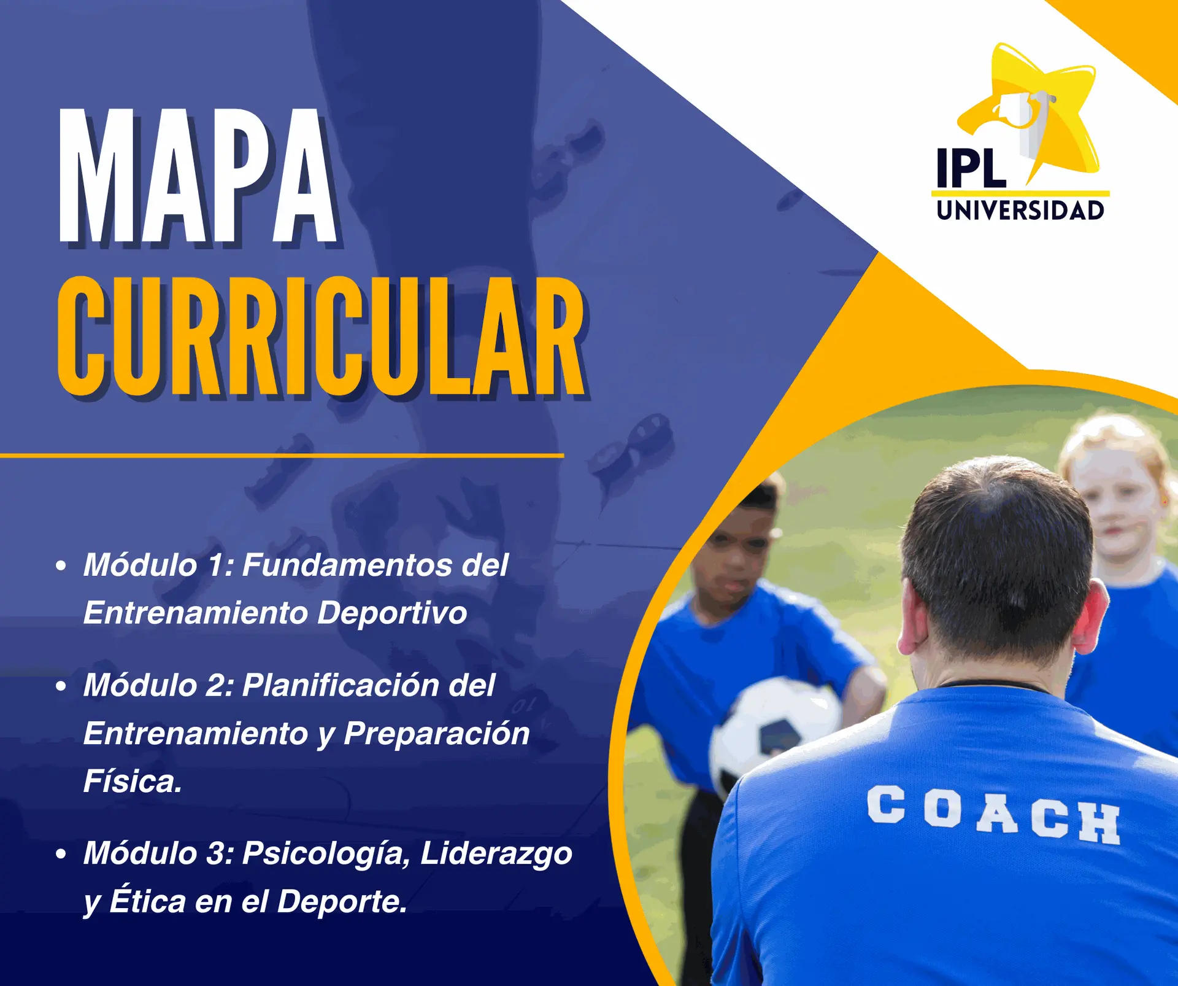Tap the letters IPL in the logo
(x=971, y=168)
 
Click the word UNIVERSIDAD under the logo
(x=1020, y=211)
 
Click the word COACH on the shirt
(x=993, y=815)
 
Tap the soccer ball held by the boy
(x=774, y=731)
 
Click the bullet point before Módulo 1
(x=61, y=565)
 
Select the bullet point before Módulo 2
(x=61, y=686)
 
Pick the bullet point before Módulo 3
(x=61, y=854)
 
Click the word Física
(x=133, y=781)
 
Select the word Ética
(x=147, y=900)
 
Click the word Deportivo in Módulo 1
(x=392, y=613)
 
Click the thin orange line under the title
(x=282, y=456)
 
